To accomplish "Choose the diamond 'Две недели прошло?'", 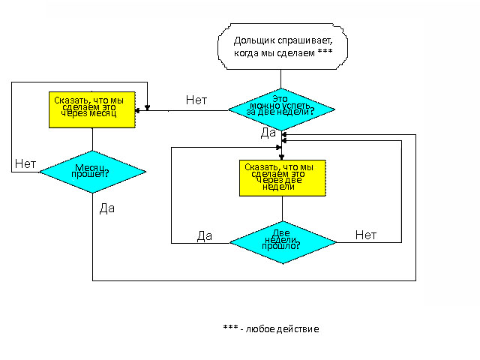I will coord(282,241).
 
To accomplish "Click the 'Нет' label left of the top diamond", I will coord(196,100).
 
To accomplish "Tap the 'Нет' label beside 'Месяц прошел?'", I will coord(25,163).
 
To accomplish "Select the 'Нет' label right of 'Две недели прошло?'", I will coord(365,235).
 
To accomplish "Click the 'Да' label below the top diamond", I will coord(268,133).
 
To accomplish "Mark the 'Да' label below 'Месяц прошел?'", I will coord(106,208).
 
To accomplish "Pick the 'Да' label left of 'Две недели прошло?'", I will coord(205,236).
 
